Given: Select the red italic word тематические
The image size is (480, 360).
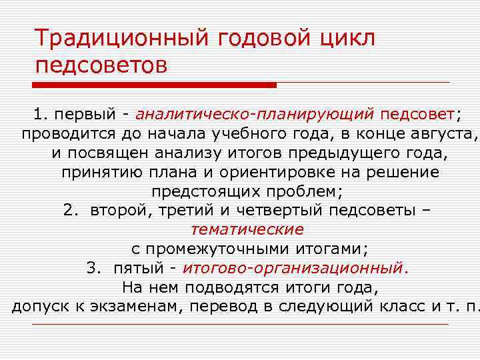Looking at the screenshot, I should point(247,230).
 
